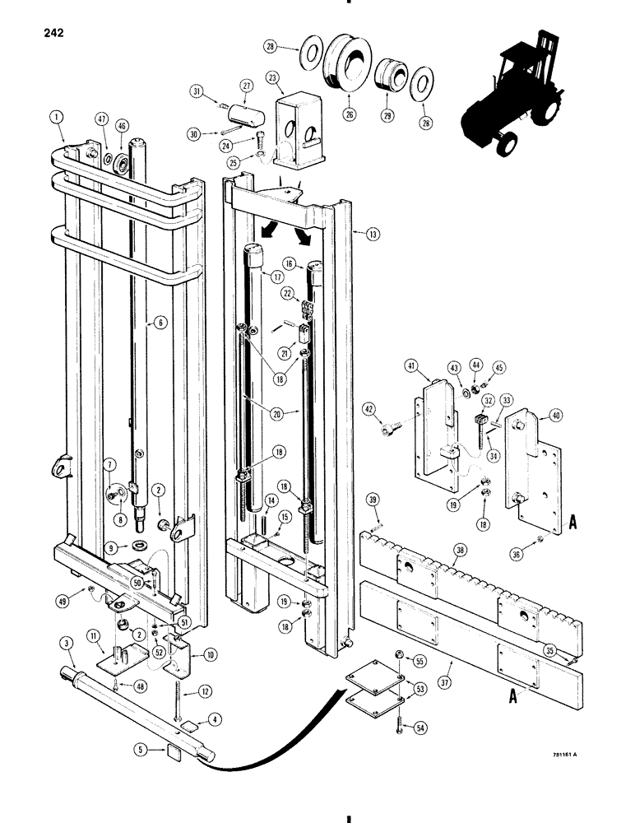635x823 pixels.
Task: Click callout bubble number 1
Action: (54, 118)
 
